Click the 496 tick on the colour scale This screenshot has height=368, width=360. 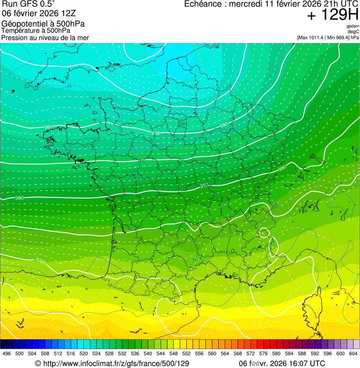[7, 353]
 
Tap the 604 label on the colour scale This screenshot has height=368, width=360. [353, 353]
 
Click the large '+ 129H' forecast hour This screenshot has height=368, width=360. [333, 15]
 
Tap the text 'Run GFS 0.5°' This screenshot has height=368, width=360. [28, 4]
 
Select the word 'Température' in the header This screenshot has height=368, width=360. [19, 31]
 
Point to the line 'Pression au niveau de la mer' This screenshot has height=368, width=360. [45, 37]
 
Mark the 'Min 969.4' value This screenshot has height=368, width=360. [341, 37]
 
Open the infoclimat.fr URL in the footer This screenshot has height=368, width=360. [112, 363]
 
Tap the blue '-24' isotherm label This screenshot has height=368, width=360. [69, 86]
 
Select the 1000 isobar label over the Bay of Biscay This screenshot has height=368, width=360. [41, 261]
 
